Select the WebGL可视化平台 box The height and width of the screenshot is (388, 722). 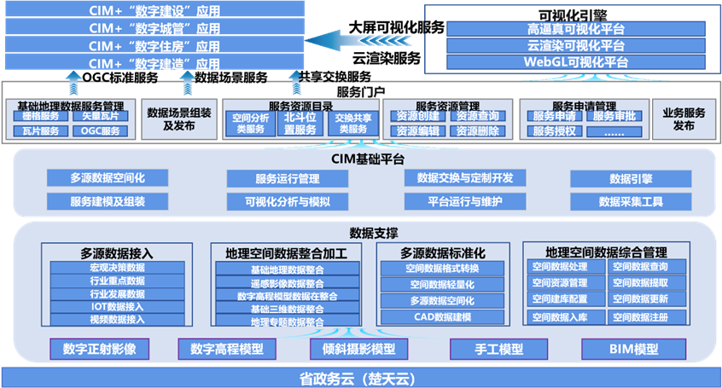pos(566,61)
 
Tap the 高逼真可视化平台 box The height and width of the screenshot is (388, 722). pos(566,29)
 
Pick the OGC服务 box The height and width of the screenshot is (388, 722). pos(99,130)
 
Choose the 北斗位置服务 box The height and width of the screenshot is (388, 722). pos(299,123)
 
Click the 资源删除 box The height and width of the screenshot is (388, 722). pos(477,131)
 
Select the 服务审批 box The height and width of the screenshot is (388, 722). pos(614,116)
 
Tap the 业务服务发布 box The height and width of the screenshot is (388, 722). pos(684,119)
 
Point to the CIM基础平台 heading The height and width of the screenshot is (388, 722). pos(362,159)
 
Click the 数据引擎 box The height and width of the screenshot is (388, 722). pos(631,179)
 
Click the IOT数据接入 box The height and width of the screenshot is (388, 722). pos(117,306)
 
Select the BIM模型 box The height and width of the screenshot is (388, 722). pos(634,350)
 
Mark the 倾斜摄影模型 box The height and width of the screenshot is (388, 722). pos(359,350)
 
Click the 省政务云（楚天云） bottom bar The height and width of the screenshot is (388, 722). pos(361,377)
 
